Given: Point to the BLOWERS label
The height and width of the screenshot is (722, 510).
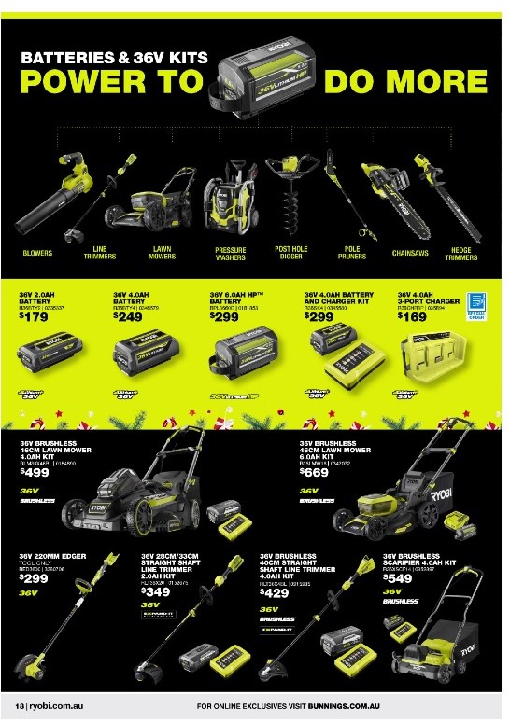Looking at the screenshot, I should [x=37, y=253].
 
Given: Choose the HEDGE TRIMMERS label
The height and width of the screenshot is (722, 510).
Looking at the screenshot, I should [x=460, y=253].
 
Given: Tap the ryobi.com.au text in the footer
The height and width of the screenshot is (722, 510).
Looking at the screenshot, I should [x=48, y=705].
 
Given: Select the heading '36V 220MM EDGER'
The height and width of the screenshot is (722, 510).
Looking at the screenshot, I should [x=52, y=557].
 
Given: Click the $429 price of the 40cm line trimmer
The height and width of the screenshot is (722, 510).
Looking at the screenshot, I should [x=274, y=593].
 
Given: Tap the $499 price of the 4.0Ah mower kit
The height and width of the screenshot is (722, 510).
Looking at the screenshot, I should [x=34, y=472].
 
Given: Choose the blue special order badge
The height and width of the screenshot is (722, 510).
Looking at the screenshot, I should [x=476, y=304].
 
